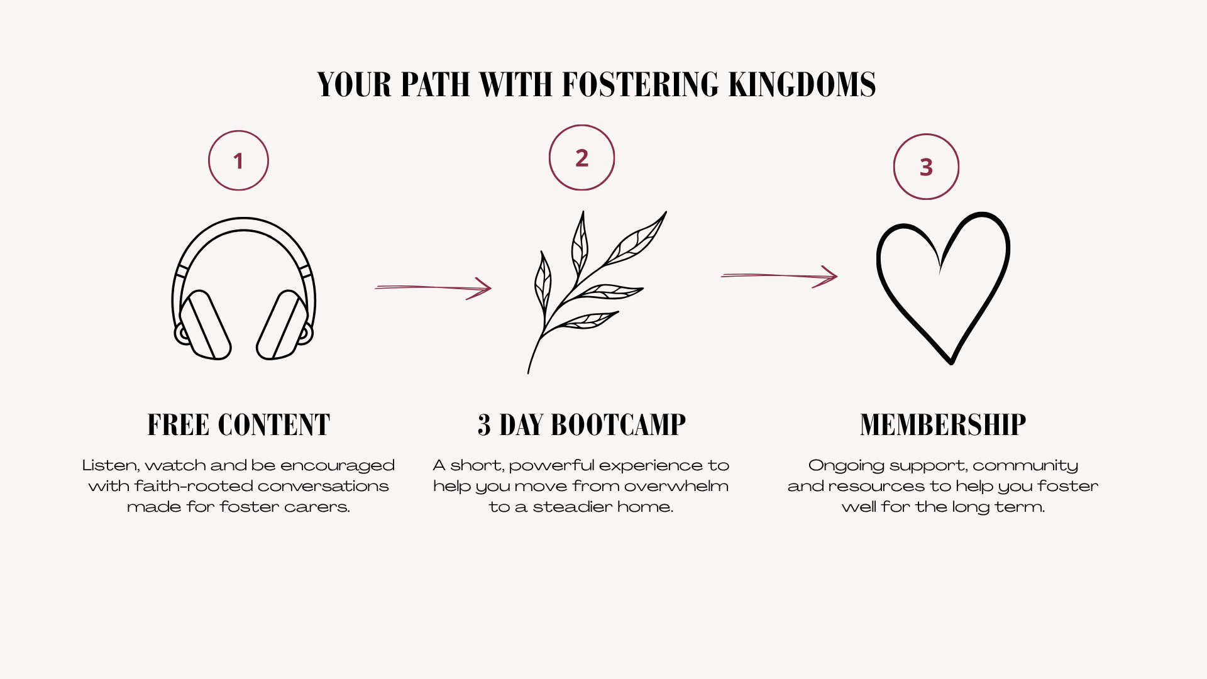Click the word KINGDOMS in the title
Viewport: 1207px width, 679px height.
pyautogui.click(x=802, y=84)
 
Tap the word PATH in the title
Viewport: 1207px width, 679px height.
pyautogui.click(x=435, y=84)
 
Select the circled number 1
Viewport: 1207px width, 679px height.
pyautogui.click(x=238, y=160)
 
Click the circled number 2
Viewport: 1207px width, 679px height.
pyautogui.click(x=581, y=157)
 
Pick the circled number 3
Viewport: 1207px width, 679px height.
pyautogui.click(x=926, y=167)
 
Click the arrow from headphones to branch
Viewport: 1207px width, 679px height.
pyautogui.click(x=433, y=288)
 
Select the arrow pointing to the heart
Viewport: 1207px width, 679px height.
pyautogui.click(x=780, y=275)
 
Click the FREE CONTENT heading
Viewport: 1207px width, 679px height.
pyautogui.click(x=238, y=425)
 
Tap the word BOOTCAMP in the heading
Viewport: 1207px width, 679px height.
pyautogui.click(x=618, y=425)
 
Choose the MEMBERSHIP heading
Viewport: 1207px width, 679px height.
pyautogui.click(x=943, y=425)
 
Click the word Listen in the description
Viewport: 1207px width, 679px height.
pyautogui.click(x=111, y=466)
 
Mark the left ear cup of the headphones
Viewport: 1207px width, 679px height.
pyautogui.click(x=205, y=324)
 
